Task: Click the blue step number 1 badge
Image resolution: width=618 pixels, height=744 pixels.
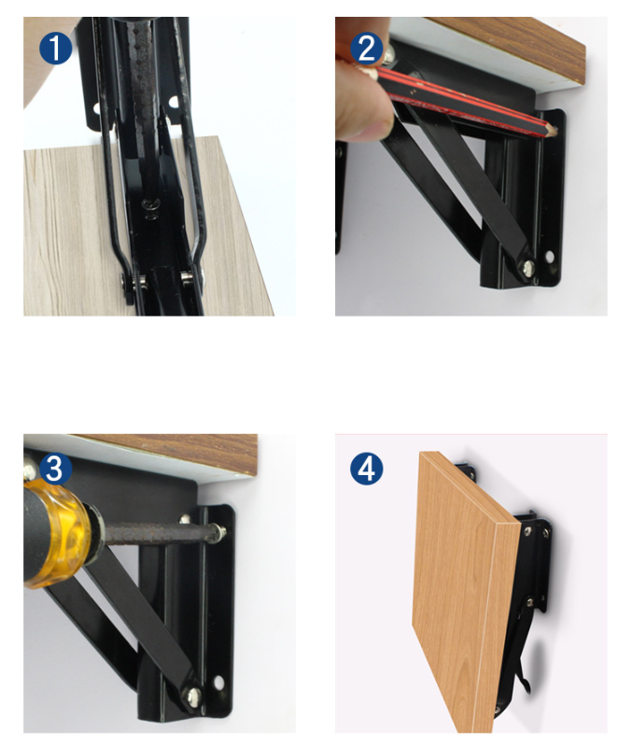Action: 55,49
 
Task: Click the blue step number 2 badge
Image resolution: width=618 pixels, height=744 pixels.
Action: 367,49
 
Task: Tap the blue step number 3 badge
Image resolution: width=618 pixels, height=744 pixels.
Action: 55,469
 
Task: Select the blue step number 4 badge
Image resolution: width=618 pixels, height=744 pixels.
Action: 367,469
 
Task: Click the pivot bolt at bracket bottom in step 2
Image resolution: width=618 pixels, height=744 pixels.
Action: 527,268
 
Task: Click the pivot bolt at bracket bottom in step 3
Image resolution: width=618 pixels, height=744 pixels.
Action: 192,696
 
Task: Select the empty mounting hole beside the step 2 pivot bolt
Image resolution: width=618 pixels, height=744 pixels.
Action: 550,257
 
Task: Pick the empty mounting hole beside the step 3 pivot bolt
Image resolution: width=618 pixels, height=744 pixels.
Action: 218,683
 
